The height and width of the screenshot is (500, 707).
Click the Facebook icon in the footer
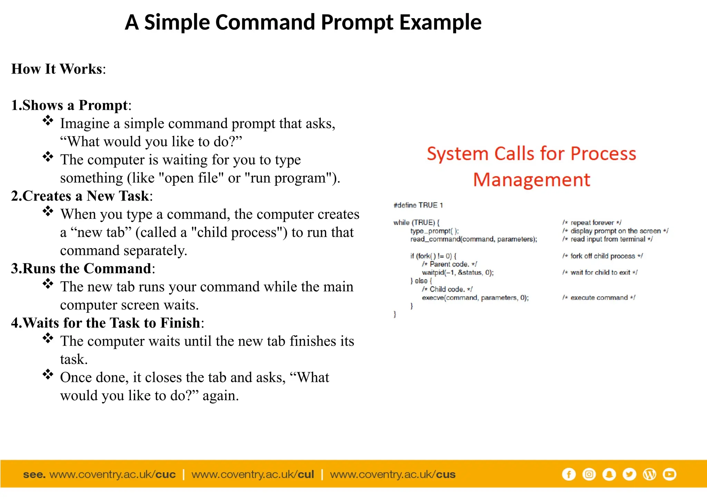click(x=569, y=474)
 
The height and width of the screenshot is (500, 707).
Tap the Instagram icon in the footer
click(x=589, y=474)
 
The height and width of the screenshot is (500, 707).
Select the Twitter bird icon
click(x=629, y=474)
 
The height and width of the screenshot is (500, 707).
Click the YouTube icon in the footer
click(x=670, y=474)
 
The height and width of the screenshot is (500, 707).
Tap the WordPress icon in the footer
click(x=649, y=474)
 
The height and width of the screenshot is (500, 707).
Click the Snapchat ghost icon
click(x=609, y=474)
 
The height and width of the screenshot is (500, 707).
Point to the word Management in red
click(x=532, y=180)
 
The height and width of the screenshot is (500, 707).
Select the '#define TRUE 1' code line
click(x=418, y=205)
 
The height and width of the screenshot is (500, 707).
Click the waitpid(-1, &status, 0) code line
click(x=458, y=272)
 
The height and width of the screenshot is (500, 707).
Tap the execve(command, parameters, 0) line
click(x=475, y=298)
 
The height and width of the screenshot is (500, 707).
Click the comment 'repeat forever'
click(x=592, y=223)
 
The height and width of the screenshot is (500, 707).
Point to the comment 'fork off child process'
click(x=602, y=256)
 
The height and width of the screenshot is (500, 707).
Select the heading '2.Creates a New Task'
click(x=81, y=196)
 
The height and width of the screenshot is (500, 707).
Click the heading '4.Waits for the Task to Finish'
click(x=107, y=323)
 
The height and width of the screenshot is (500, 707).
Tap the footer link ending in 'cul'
click(x=253, y=474)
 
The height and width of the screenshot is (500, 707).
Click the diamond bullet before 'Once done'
click(x=48, y=374)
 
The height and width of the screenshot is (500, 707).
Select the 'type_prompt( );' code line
click(x=434, y=231)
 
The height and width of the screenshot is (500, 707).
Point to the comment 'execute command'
click(x=599, y=298)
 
